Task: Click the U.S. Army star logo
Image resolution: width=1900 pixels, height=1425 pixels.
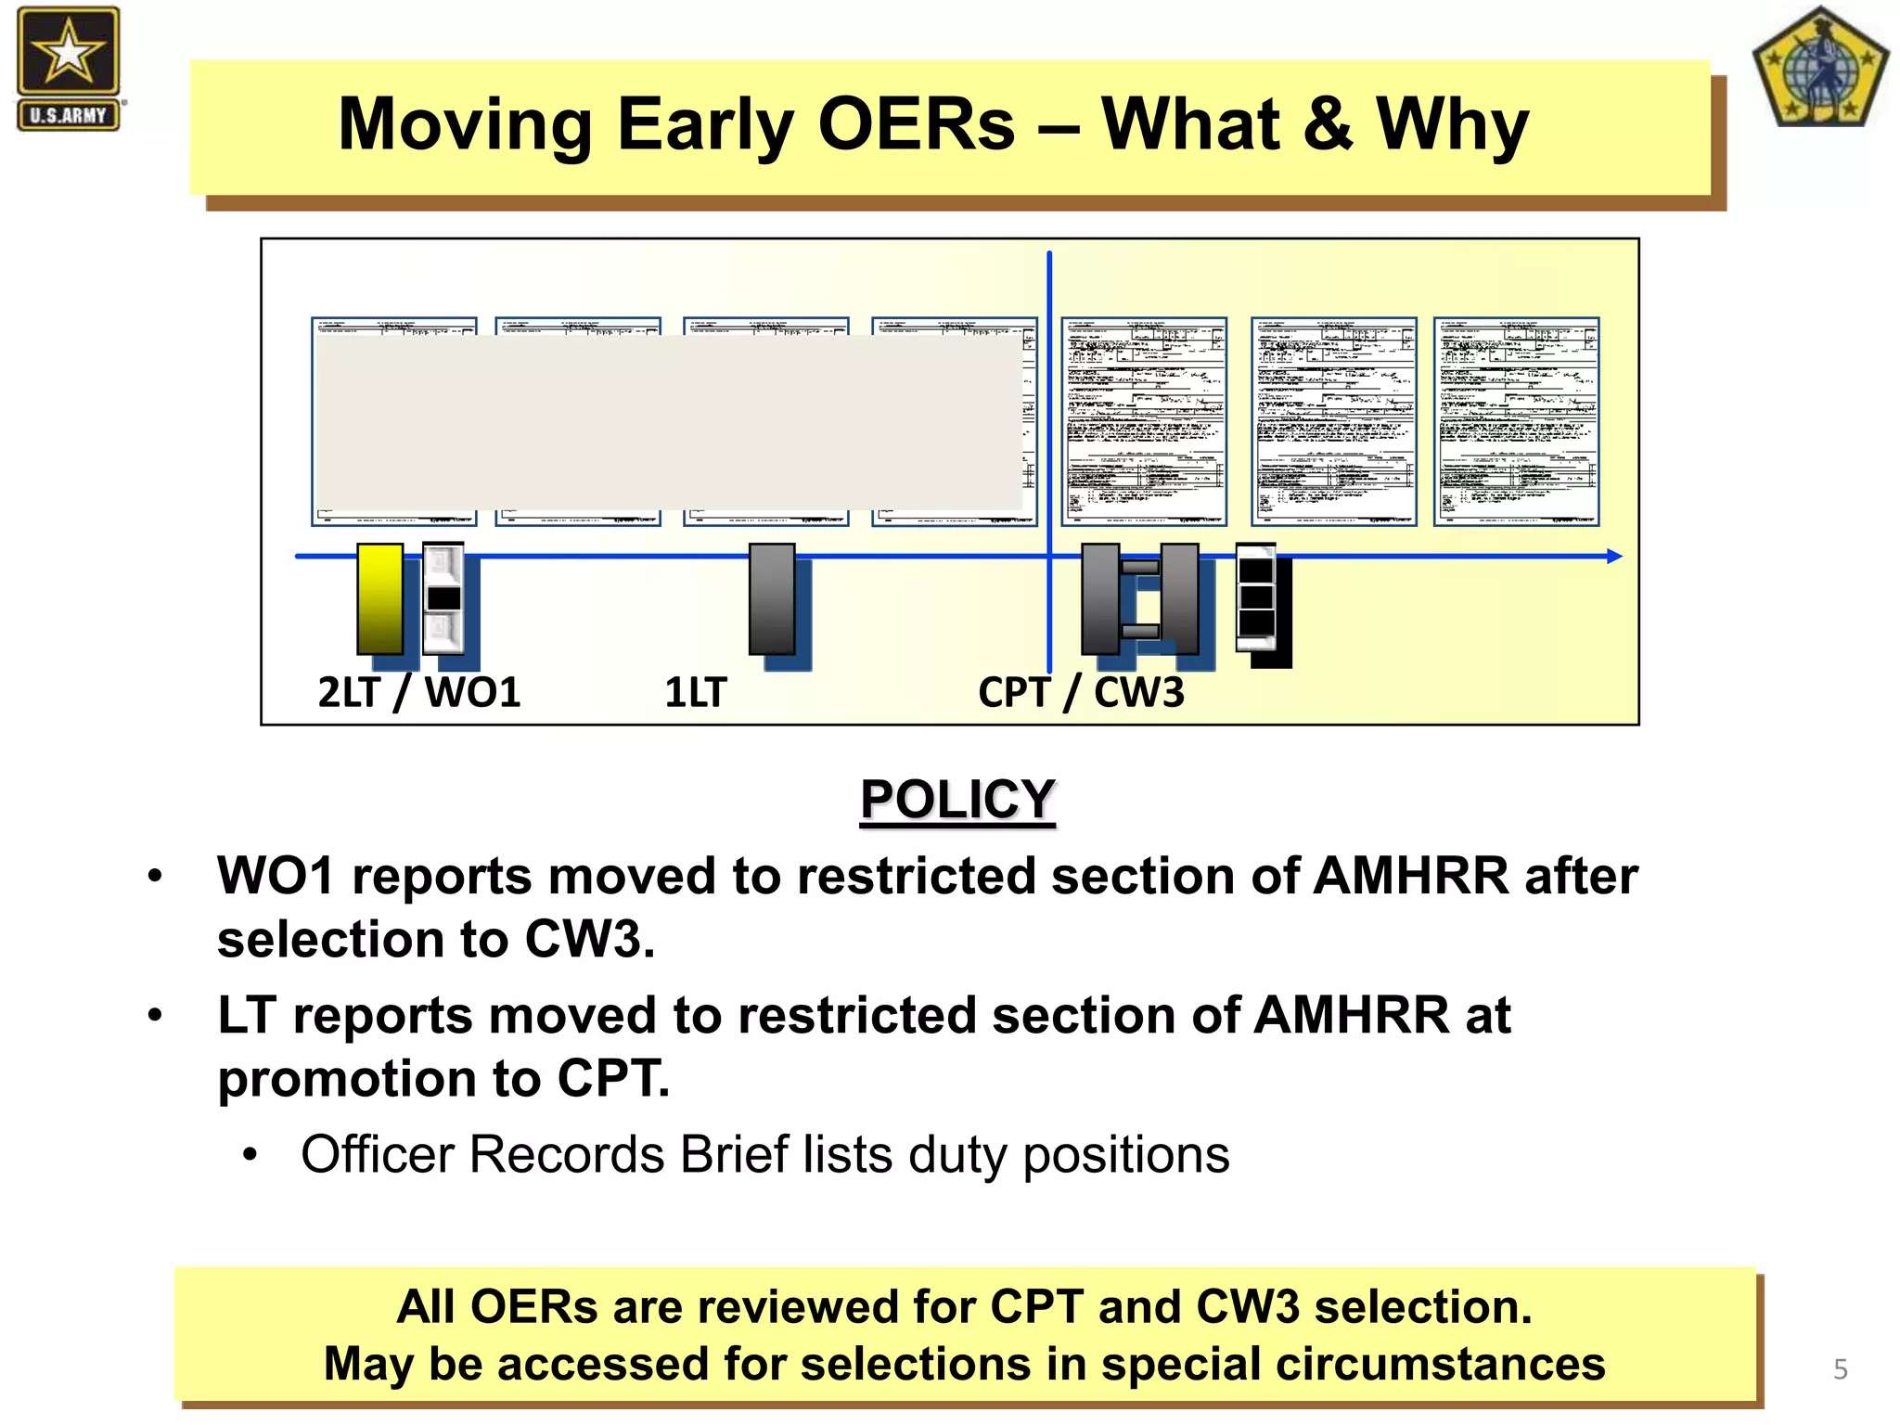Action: [69, 68]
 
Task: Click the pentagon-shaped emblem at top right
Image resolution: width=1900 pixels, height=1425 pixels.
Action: [1819, 69]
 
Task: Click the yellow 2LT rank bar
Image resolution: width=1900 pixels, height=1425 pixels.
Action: [380, 599]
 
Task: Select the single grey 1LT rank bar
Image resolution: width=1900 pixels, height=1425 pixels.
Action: [772, 599]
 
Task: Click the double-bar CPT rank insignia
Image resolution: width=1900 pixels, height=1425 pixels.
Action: [1140, 599]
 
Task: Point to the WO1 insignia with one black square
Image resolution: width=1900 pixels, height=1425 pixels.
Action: [443, 599]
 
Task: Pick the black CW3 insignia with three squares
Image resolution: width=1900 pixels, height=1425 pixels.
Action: [1257, 597]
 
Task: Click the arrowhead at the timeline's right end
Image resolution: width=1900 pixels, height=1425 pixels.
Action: [1613, 557]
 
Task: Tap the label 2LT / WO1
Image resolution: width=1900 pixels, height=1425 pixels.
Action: [419, 692]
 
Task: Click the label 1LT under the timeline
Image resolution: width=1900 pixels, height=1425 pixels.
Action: [696, 692]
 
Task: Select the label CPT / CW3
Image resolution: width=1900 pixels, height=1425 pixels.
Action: [1081, 692]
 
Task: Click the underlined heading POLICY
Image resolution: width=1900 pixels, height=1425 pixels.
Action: [957, 799]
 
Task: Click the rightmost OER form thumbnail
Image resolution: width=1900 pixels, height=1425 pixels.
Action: [1516, 422]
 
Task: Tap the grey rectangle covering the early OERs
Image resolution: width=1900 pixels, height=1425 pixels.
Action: [668, 422]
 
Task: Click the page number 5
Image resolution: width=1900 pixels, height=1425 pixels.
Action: [1841, 1369]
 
